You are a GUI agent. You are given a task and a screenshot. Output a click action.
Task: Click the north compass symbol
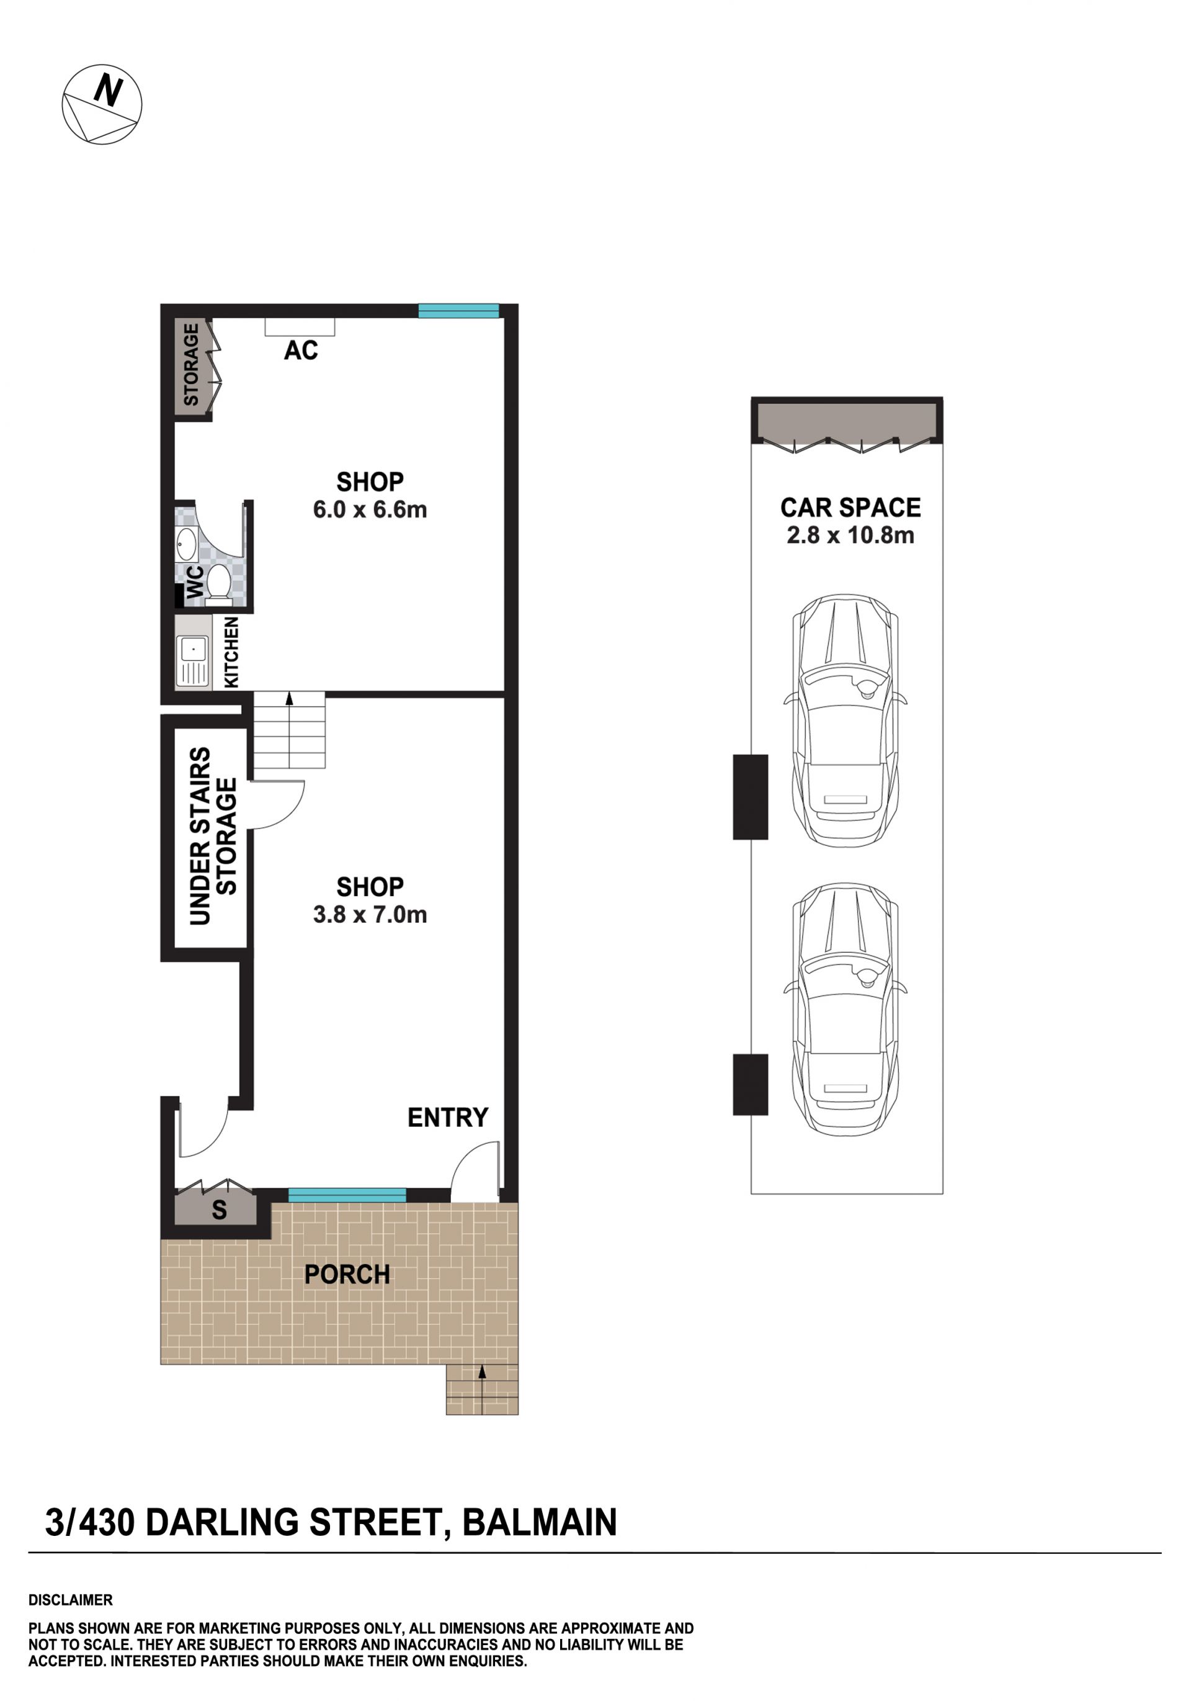coord(102,104)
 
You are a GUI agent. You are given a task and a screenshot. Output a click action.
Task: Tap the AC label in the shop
coord(301,351)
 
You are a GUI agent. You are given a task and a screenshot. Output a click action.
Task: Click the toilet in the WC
coord(218,581)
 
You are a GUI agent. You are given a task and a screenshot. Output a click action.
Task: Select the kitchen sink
coord(192,661)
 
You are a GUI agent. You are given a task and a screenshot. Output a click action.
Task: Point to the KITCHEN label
coord(231,653)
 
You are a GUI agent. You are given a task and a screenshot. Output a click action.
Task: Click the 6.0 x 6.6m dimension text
coord(370,509)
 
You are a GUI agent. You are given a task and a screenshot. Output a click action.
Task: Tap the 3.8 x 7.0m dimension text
coord(370,915)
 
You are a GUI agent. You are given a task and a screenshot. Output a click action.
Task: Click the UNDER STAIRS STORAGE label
coord(213,837)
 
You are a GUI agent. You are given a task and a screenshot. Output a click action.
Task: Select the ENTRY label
coord(447,1117)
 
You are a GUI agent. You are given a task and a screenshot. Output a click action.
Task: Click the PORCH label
coord(347,1274)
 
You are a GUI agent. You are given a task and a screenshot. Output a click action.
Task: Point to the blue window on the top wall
coord(458,311)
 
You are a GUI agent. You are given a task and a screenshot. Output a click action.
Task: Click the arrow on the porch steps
coord(482,1388)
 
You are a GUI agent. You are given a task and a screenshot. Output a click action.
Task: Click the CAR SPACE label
coord(850,508)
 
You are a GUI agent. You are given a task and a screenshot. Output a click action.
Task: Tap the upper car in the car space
coord(845,721)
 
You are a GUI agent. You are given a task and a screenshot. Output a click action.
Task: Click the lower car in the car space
coord(845,1009)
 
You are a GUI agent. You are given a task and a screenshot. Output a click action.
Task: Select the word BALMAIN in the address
coord(539,1523)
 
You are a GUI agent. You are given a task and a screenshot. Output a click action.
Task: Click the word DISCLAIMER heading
coord(70,1600)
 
